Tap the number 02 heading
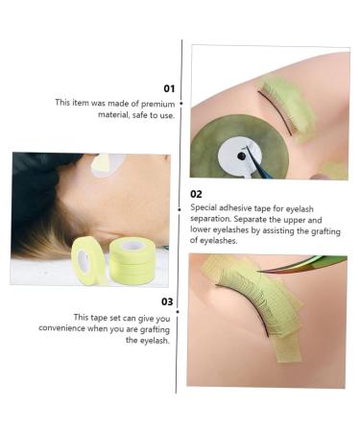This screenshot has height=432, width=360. coord(196,193)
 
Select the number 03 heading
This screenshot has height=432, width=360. coord(167,300)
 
